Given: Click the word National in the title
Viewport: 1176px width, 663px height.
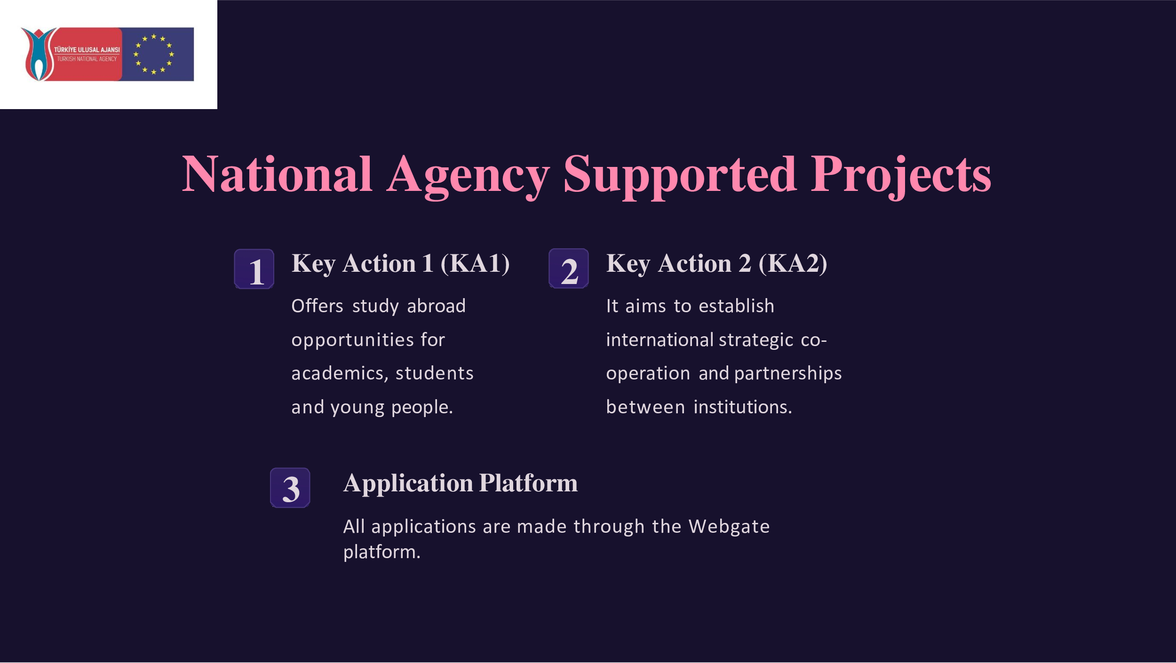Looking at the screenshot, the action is point(278,174).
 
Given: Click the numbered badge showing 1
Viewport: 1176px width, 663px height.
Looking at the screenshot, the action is point(254,269).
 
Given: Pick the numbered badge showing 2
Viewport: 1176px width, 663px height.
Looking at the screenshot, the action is point(569,268).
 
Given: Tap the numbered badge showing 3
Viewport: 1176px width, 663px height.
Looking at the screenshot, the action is point(290,488).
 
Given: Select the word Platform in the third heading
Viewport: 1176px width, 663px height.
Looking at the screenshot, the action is point(528,483).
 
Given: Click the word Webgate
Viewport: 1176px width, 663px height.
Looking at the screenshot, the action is point(729,527).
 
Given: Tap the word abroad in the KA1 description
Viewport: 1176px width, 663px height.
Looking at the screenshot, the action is point(436,306).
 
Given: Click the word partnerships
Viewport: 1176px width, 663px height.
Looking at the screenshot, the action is point(788,374).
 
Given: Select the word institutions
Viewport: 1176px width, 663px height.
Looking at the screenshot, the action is point(743,407).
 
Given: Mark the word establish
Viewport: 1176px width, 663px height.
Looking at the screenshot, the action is point(736,306).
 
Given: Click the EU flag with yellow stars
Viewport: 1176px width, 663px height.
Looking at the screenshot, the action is point(157,54).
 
